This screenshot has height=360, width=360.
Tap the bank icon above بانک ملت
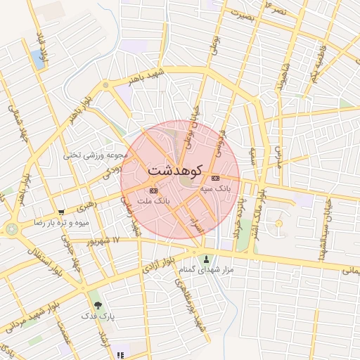point(154,190)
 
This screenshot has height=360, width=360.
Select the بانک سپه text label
point(215,188)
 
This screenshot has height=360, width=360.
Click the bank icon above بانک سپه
point(214,177)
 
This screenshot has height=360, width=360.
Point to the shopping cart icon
point(62,212)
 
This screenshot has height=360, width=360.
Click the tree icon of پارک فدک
point(97,305)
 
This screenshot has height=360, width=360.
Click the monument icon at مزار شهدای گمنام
point(205,259)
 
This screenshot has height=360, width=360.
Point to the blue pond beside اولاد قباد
point(37,59)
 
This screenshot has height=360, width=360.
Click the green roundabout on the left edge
point(11,229)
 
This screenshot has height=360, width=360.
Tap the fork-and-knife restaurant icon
point(120,355)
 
